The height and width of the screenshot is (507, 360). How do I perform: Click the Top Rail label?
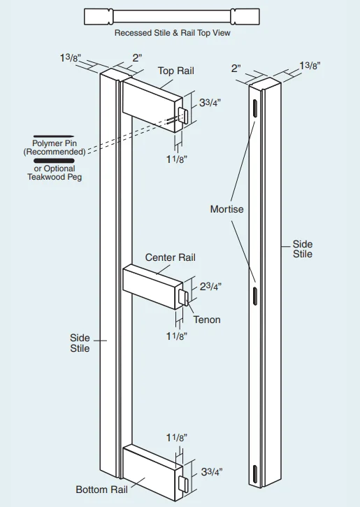tap(175, 71)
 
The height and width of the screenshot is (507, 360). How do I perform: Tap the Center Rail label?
tap(170, 257)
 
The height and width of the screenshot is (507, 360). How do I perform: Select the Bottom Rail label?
tap(101, 490)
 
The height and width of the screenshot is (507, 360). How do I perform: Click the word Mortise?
tap(226, 209)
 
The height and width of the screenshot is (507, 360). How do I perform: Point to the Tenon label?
tap(207, 320)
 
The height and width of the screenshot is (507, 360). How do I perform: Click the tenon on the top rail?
tap(183, 116)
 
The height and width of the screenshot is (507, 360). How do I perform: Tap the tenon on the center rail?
tap(184, 297)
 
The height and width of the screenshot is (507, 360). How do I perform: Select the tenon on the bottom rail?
tap(183, 484)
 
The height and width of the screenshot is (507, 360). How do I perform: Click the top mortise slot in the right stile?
tap(255, 108)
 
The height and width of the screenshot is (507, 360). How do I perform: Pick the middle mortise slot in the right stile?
tap(255, 296)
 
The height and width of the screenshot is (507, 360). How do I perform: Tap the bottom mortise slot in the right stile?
tap(255, 475)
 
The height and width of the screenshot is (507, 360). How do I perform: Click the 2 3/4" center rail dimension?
tap(210, 286)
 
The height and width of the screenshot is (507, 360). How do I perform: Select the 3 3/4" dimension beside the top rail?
tap(210, 103)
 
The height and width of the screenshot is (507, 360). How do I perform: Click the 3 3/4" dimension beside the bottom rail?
tap(212, 472)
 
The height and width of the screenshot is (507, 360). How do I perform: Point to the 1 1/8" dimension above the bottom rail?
tap(176, 438)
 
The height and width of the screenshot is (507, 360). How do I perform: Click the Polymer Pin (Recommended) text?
tap(55, 148)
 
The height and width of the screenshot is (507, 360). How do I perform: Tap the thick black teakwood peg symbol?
tap(54, 161)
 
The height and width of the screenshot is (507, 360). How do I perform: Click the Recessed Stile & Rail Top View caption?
tap(173, 33)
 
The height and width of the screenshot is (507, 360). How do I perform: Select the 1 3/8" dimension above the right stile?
tap(310, 66)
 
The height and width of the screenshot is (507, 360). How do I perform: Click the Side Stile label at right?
tap(303, 249)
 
